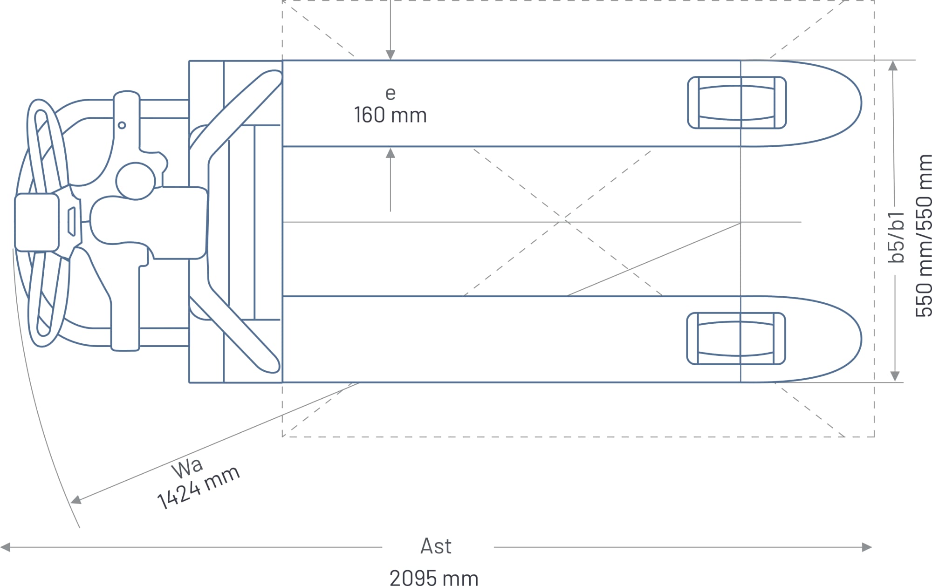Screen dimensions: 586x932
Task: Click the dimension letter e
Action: pos(391,94)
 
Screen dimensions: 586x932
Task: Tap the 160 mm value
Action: pos(390,115)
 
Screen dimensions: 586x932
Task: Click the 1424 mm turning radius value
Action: pos(199,487)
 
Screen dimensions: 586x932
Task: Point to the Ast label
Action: pos(436,546)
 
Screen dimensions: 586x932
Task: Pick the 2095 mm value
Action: pos(434,578)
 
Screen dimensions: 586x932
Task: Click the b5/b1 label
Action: pos(896,237)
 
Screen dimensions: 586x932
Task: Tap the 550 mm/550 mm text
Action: pos(924,236)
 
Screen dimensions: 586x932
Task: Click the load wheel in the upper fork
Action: pos(737,102)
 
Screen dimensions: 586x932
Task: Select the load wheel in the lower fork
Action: pos(736,339)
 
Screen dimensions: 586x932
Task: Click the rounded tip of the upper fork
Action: pos(843,103)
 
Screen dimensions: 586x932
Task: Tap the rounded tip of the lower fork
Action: pos(843,339)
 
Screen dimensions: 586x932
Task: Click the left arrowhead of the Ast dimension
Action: pos(6,547)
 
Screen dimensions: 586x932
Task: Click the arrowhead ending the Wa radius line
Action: pos(75,501)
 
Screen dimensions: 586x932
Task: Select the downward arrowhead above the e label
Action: pos(391,55)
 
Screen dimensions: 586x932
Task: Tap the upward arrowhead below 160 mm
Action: pos(391,153)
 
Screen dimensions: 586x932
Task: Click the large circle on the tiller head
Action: pos(135,181)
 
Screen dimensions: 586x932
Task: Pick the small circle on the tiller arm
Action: pos(122,125)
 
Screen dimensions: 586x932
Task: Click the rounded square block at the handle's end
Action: pos(37,222)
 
